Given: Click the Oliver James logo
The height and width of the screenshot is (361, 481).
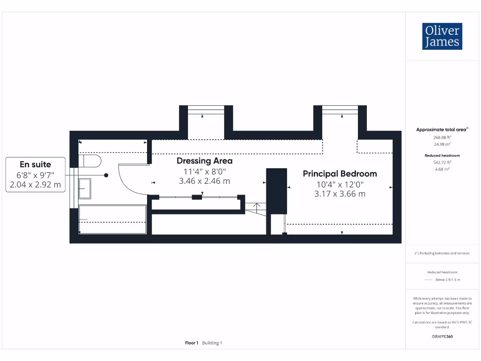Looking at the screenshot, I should pyautogui.click(x=442, y=36).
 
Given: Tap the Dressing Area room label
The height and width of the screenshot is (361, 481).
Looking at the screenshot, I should pyautogui.click(x=204, y=161).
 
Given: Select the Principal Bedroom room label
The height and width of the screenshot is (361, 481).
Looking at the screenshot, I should pyautogui.click(x=340, y=174).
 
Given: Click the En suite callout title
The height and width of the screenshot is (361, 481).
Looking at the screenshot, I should pyautogui.click(x=35, y=165).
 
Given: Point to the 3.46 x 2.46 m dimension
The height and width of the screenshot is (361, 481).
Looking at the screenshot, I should pyautogui.click(x=204, y=181).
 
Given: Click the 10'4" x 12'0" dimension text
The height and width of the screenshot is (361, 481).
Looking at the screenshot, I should pyautogui.click(x=340, y=185).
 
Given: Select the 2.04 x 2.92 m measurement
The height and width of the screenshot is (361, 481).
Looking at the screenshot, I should pyautogui.click(x=35, y=185).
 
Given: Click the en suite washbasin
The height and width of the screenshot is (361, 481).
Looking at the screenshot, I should pyautogui.click(x=85, y=188).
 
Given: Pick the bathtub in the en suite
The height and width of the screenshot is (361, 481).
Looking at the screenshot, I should pyautogui.click(x=113, y=219).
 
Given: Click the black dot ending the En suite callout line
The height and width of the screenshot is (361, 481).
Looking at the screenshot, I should pyautogui.click(x=106, y=175).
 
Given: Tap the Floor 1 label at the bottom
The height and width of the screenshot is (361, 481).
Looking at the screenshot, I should pyautogui.click(x=192, y=343).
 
